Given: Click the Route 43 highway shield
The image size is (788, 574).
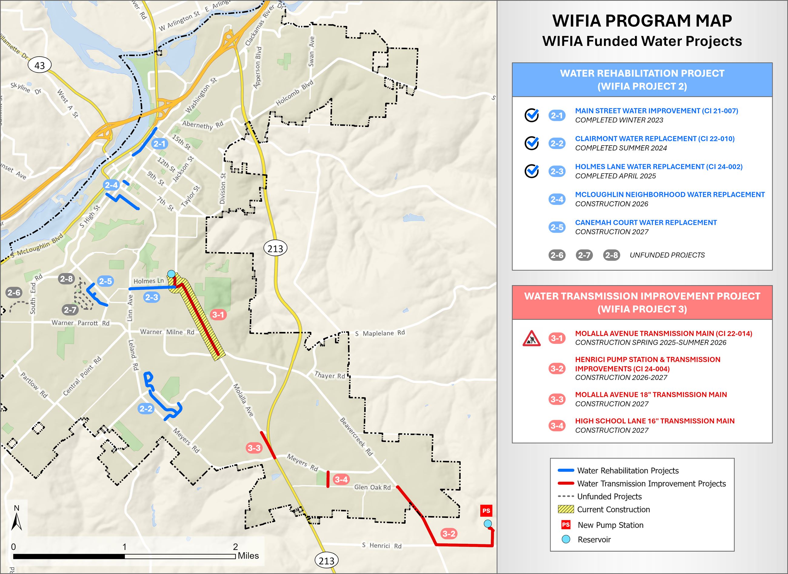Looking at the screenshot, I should (x=40, y=65).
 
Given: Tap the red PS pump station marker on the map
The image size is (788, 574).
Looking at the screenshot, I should (x=486, y=510).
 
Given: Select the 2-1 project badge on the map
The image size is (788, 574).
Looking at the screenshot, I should (x=159, y=144).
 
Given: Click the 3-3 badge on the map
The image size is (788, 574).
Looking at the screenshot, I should (x=254, y=448).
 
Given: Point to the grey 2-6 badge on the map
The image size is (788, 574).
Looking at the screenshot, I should (x=14, y=293).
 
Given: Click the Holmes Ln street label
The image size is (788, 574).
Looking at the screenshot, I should (x=149, y=281).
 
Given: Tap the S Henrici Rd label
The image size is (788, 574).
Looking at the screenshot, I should (x=382, y=545).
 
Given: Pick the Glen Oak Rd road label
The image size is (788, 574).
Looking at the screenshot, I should (x=372, y=487).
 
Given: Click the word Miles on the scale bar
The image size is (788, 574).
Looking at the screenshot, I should (x=248, y=556).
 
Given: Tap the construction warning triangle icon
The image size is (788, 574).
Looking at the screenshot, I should (x=531, y=338).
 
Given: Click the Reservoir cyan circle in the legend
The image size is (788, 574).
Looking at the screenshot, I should (x=566, y=539).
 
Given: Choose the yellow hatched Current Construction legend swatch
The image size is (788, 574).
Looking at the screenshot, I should (x=566, y=509).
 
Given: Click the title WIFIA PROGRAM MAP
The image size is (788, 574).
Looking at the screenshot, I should (x=642, y=21).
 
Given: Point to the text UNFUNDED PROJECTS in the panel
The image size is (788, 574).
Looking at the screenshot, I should (x=667, y=255).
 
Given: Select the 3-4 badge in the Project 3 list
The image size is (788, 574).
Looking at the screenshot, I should (x=557, y=425).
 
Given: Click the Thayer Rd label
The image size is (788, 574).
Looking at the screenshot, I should (x=329, y=375).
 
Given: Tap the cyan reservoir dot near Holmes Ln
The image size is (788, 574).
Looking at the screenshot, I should (x=171, y=274).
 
